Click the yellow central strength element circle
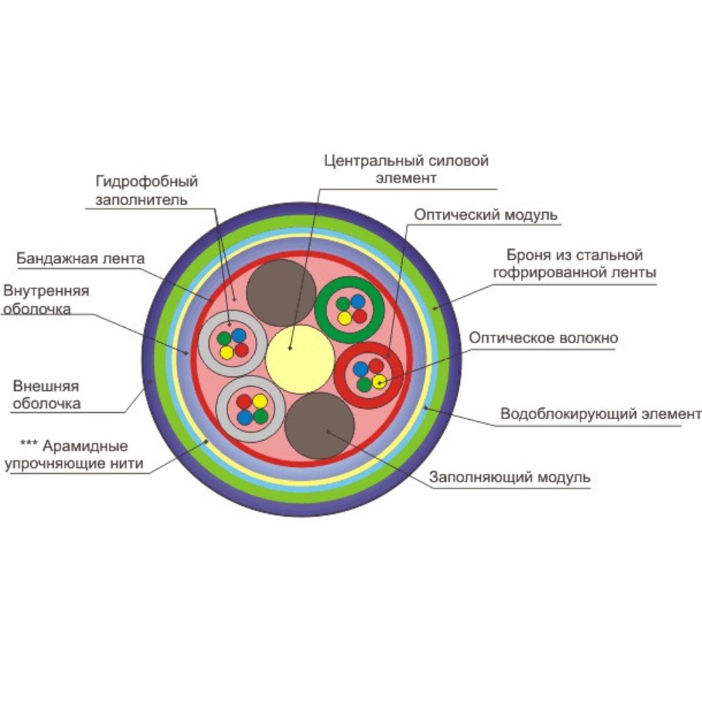pos(300,359)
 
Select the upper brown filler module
pos(281,292)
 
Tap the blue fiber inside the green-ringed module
pos(358,302)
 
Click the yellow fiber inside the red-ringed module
pos(379,381)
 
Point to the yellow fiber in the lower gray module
pos(260,402)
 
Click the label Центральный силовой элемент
pos(406,168)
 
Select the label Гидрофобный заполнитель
pos(147,190)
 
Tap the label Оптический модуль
pos(486,214)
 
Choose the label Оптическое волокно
pos(543,338)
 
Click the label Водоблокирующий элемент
pos(600,414)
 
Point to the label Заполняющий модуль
pos(510,477)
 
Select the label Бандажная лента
pos(79,258)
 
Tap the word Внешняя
pos(46,386)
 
